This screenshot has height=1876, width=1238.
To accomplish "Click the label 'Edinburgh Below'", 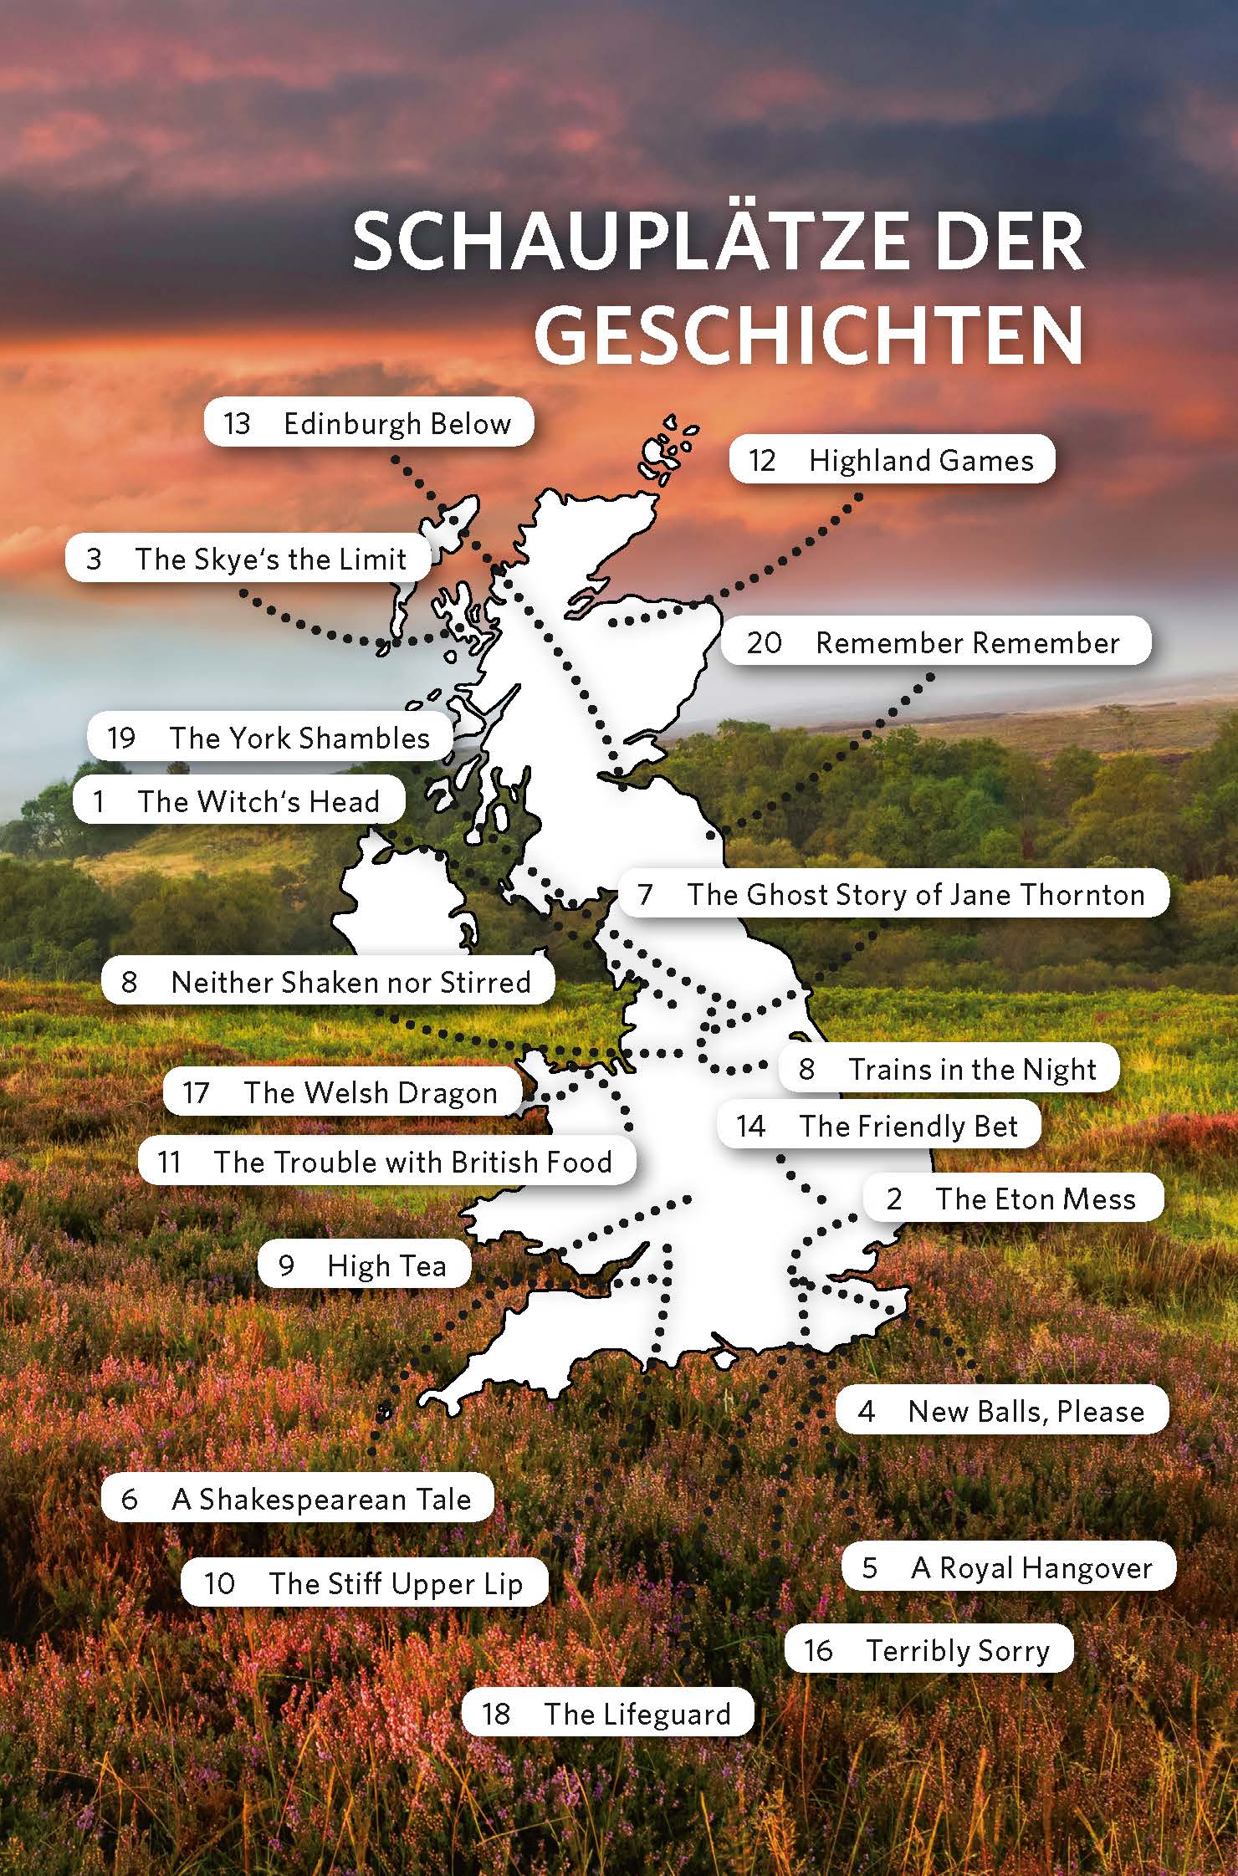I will pos(369,423).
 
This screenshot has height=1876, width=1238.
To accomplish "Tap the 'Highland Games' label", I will pos(892,460).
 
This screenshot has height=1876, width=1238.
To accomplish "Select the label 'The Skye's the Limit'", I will pos(248,559).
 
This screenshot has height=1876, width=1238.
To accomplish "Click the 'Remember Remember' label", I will pos(936,642).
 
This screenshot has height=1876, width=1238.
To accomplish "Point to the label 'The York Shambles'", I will pos(269,738).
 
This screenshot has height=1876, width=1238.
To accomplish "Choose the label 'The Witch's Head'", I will pos(239,801).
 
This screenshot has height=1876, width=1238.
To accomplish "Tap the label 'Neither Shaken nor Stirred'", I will pos(328,982).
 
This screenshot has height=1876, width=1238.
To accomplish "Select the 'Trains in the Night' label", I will pos(949,1069).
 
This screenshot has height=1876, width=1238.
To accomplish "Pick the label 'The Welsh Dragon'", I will pos(342,1092).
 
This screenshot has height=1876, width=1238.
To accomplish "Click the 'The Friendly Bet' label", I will pos(879,1126).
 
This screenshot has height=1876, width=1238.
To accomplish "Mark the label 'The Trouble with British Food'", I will pos(386,1162).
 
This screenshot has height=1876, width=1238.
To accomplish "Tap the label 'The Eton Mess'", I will pos(1013,1199).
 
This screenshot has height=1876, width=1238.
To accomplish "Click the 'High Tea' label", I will pos(364,1265).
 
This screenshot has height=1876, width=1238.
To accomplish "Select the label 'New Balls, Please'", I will pos(1002,1411).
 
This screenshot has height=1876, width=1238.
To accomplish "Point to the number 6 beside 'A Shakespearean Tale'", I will pos(129,1499).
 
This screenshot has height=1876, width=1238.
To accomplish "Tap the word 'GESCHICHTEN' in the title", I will pos(809,335).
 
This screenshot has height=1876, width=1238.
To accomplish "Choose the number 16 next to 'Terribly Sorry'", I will pos(818,1650).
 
